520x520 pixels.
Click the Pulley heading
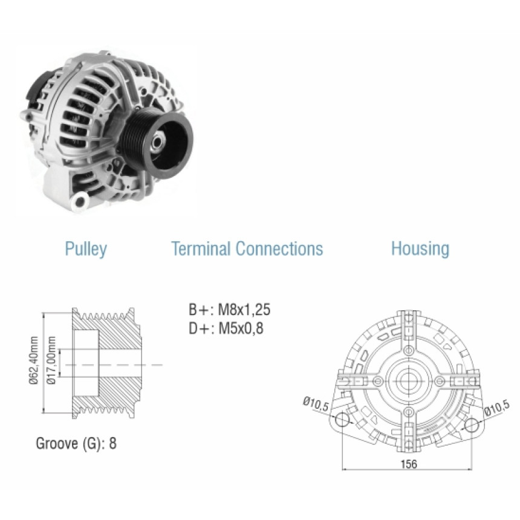pos(86,249)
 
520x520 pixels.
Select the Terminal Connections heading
pos(247,249)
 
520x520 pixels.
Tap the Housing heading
pos(420,249)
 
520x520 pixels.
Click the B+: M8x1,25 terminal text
pos(230,310)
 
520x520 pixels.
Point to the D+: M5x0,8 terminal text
pos(226,328)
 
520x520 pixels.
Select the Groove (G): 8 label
pos(76,443)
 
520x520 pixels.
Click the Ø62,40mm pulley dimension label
pos(33,360)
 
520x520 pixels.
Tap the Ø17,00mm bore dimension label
pos(51,360)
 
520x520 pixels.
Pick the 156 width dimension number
pos(409,464)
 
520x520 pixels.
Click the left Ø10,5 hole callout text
pos(316,405)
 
